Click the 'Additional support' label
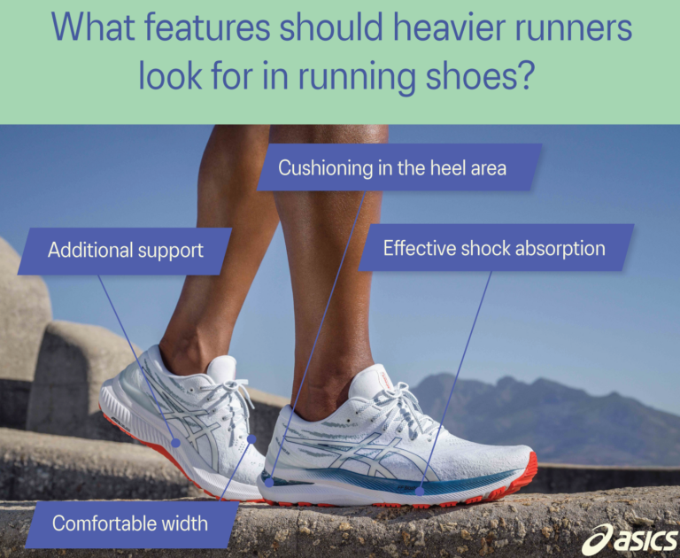(x=125, y=251)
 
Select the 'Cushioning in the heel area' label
(x=392, y=167)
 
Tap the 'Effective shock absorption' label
(x=494, y=248)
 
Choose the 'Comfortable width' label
(x=129, y=523)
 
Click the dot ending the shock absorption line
(x=421, y=489)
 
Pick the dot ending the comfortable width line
(x=251, y=438)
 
